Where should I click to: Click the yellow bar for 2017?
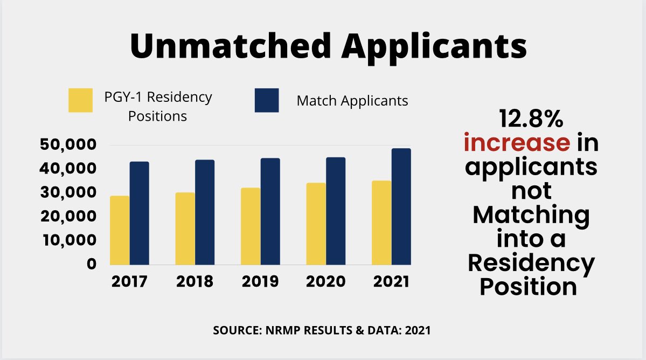click(x=120, y=230)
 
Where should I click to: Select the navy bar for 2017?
click(x=139, y=213)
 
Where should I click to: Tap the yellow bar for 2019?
click(x=250, y=226)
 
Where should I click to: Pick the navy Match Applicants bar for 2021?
click(x=401, y=206)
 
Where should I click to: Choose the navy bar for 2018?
click(x=205, y=212)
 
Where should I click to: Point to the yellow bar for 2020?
click(x=316, y=224)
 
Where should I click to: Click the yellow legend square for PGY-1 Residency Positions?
click(x=80, y=101)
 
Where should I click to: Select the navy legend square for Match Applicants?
click(x=266, y=101)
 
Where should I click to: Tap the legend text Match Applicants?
click(x=352, y=101)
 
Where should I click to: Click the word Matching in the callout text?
click(x=531, y=216)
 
